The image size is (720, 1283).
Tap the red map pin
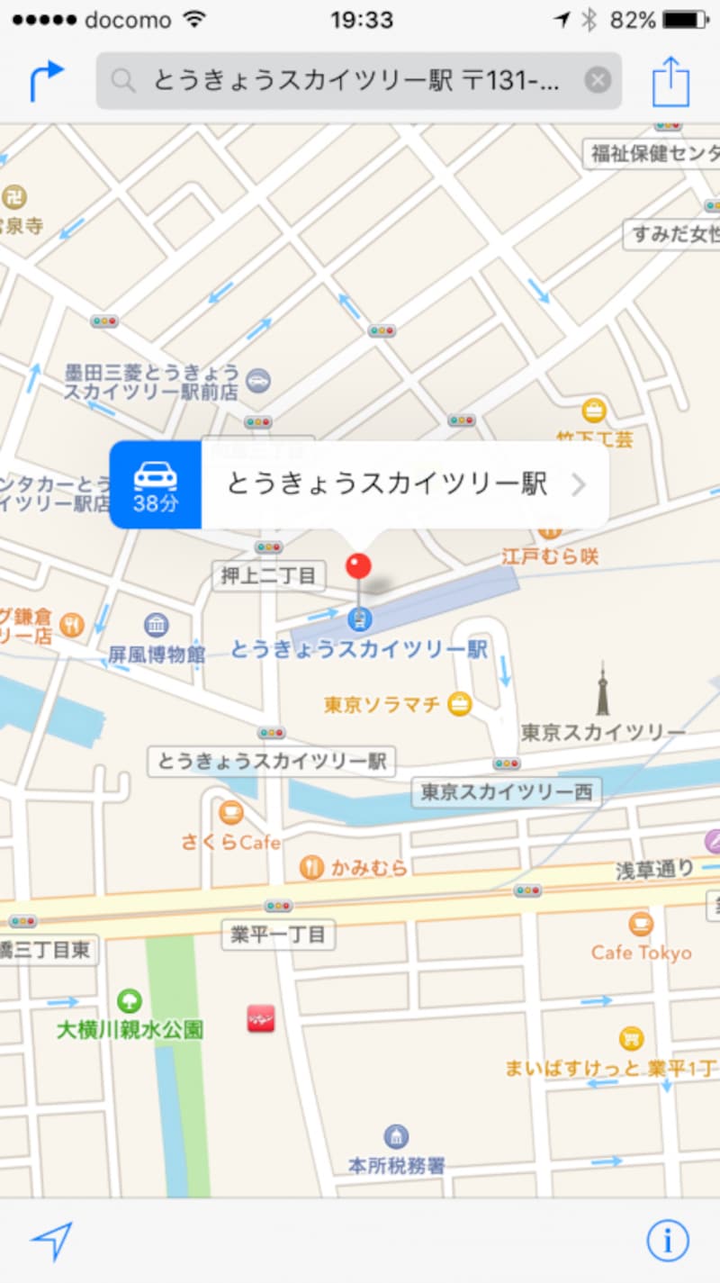pos(358,567)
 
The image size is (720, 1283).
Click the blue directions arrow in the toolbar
pos(47,81)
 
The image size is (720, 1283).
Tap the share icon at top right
pos(670,82)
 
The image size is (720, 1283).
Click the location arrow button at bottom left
pos(51,1242)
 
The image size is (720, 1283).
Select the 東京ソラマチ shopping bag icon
pos(459,704)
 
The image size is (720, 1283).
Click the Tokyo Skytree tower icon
pos(602,690)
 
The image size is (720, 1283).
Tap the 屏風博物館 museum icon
pos(156,624)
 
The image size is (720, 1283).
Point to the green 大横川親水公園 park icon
pos(130,1000)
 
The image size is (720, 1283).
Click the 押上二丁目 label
pos(269,575)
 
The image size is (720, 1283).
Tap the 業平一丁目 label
pos(278,935)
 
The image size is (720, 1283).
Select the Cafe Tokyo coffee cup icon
pos(641,923)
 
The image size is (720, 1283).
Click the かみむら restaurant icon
pos(311,867)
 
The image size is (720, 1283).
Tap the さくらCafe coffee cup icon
pos(231,813)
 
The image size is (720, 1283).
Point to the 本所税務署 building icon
pos(396,1136)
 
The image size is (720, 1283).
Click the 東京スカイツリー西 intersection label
pos(508,792)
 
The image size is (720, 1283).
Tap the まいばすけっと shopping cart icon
pos(633,1038)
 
